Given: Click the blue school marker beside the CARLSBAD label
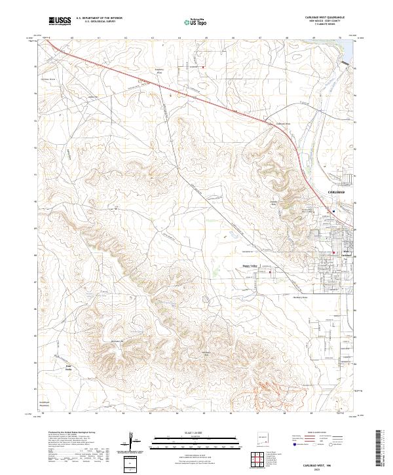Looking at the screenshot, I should (333, 211).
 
